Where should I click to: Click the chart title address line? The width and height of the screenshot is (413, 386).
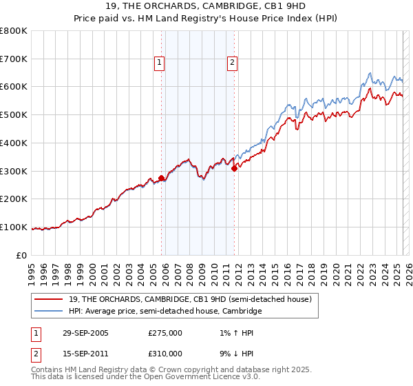206,7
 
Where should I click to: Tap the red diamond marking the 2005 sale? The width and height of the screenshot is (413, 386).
162,178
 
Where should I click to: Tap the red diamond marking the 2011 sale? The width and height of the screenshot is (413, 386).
235,167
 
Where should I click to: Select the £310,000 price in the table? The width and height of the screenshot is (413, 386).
165,353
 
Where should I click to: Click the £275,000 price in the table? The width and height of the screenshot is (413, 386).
165,333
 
